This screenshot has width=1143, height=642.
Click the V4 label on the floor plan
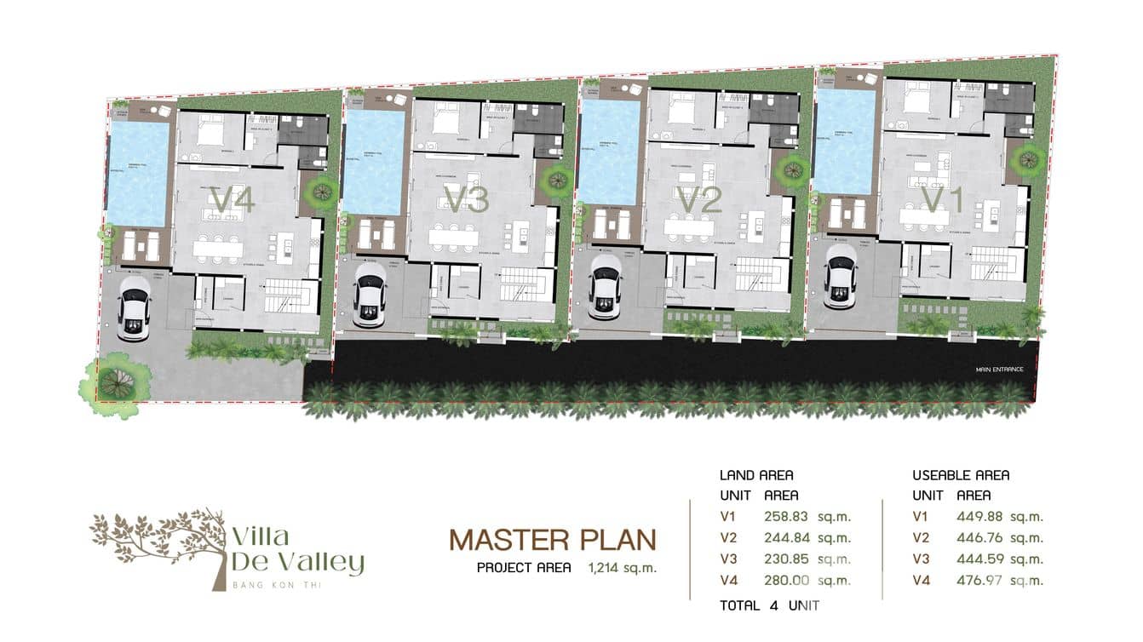point(233,202)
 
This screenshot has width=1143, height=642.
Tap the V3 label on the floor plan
point(467,200)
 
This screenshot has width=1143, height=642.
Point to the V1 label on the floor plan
point(943,199)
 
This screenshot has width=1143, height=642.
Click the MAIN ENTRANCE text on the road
point(1000,370)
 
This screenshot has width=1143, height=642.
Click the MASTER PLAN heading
point(553,540)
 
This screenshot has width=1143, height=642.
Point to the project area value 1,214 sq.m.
point(622,568)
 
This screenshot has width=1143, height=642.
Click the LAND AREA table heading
point(756,475)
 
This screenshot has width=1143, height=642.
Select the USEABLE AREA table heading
point(961,475)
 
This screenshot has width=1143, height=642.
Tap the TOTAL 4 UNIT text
point(769,606)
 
